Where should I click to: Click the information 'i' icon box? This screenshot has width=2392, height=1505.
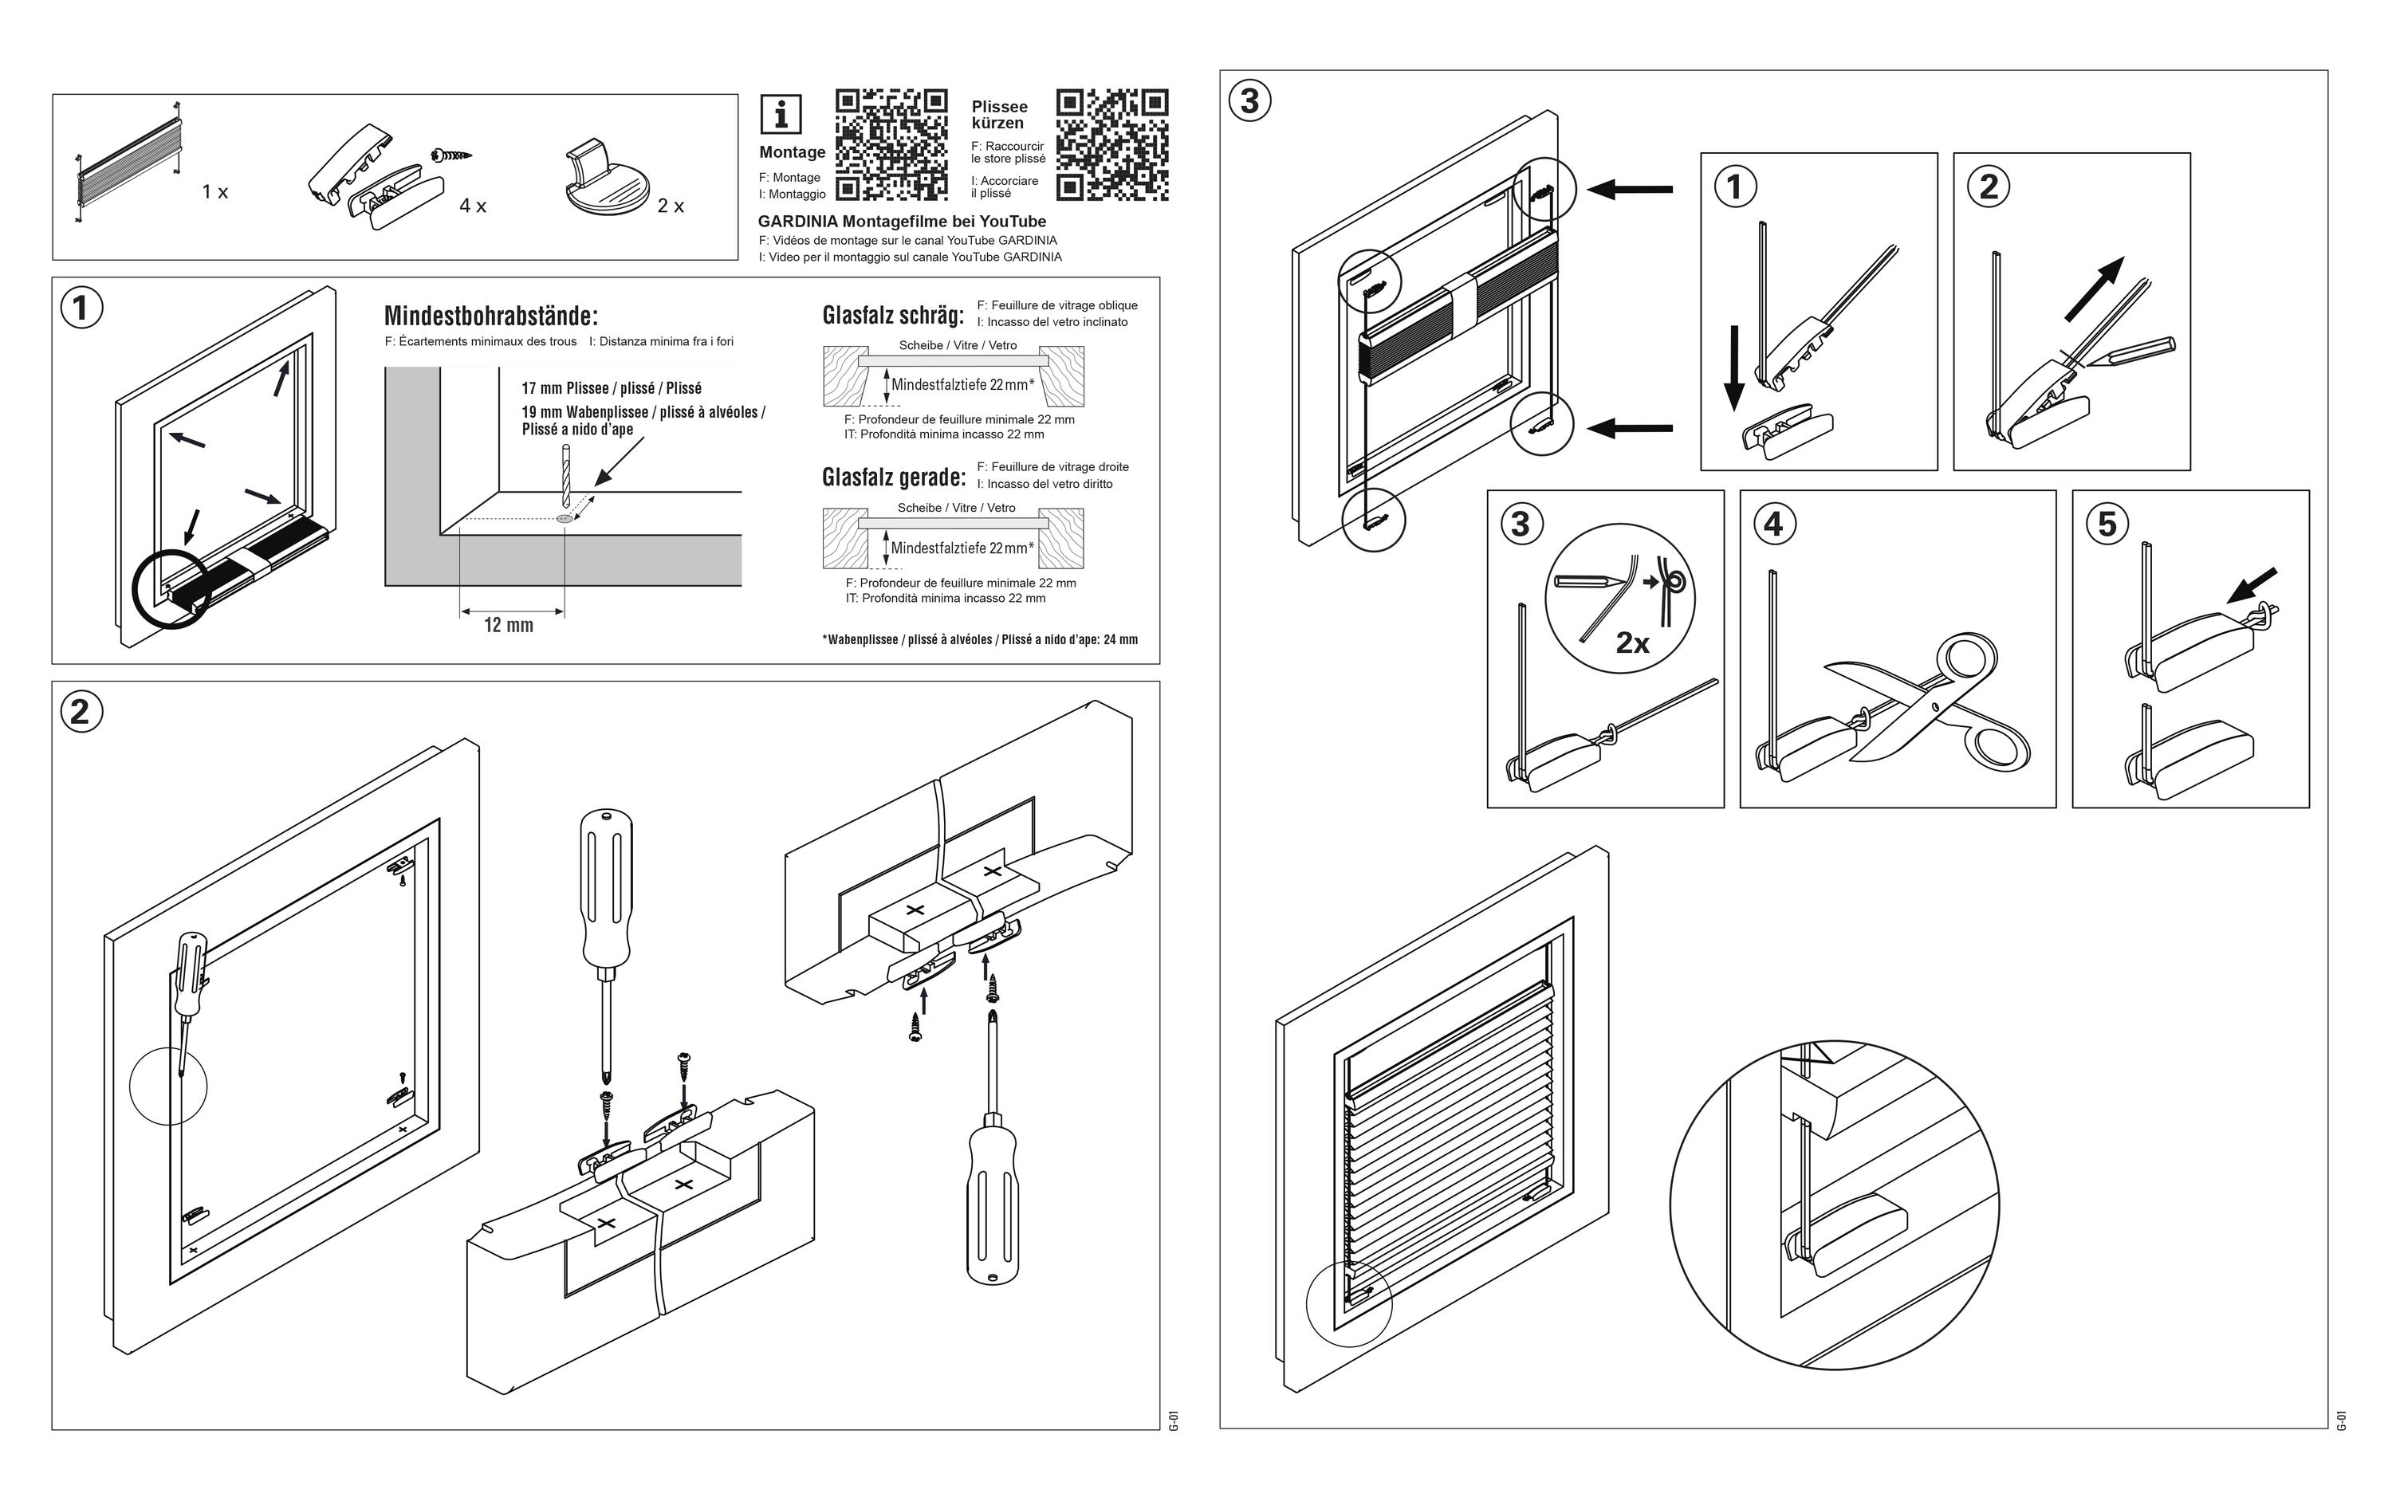(x=781, y=114)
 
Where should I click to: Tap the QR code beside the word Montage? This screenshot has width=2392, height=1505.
(x=891, y=145)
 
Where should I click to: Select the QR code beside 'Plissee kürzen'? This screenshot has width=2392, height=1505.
(x=1111, y=145)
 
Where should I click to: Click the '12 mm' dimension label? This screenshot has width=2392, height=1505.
(x=509, y=625)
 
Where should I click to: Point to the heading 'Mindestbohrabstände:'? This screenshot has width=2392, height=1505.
(x=490, y=316)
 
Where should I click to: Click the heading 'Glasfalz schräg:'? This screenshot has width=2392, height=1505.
(x=893, y=315)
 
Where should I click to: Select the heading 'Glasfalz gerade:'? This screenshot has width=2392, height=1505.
(x=893, y=477)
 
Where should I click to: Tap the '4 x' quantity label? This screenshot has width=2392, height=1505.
(x=473, y=206)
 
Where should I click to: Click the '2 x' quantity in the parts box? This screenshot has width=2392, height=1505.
(x=671, y=206)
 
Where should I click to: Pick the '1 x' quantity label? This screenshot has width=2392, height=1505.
(x=214, y=192)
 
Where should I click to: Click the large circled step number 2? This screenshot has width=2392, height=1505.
(x=81, y=711)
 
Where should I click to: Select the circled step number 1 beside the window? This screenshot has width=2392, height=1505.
(x=81, y=308)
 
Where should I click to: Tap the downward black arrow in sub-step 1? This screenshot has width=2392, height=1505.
(x=1733, y=368)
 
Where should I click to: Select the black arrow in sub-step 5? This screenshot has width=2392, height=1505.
(x=2251, y=585)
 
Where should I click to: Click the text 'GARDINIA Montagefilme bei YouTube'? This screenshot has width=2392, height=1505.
(x=902, y=222)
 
